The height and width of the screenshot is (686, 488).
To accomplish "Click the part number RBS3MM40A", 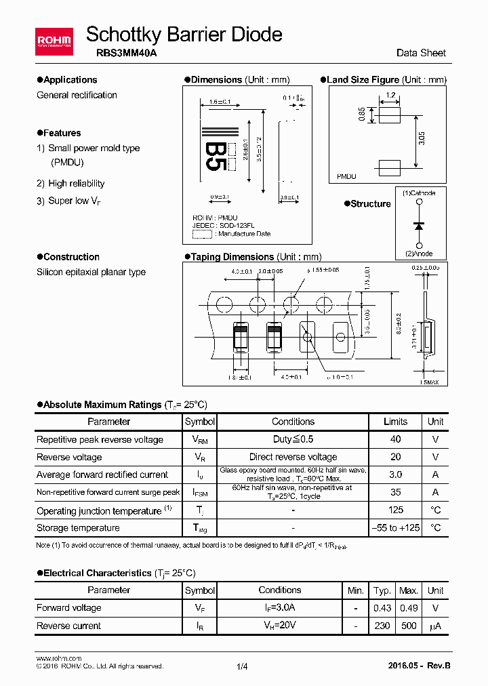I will click(x=113, y=53).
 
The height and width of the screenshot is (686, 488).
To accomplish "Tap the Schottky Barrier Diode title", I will click(x=184, y=34).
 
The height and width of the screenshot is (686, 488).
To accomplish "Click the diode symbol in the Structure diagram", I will click(x=419, y=224).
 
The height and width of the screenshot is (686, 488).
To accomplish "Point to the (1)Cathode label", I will click(x=419, y=193).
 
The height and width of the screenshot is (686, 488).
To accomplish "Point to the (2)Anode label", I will click(x=418, y=254).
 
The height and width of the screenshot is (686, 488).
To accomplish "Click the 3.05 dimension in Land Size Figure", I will click(x=422, y=140).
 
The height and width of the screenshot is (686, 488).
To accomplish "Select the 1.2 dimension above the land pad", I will click(x=390, y=96).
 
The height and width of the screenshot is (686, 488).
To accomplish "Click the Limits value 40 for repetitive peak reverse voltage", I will click(x=396, y=439).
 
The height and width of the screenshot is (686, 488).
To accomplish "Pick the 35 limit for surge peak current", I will click(x=396, y=492).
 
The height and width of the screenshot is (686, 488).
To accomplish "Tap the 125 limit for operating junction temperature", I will click(x=396, y=510).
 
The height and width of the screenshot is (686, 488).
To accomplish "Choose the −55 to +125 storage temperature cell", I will click(x=396, y=527).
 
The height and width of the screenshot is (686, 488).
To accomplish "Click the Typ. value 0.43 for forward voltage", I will click(x=382, y=607).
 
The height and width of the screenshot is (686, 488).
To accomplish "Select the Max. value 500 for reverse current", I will click(x=408, y=626).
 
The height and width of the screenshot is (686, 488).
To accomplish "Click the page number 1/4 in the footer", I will click(x=243, y=666).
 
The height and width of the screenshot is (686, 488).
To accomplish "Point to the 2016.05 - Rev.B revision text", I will click(x=420, y=666).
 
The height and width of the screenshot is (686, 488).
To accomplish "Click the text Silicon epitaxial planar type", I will click(x=91, y=272).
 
